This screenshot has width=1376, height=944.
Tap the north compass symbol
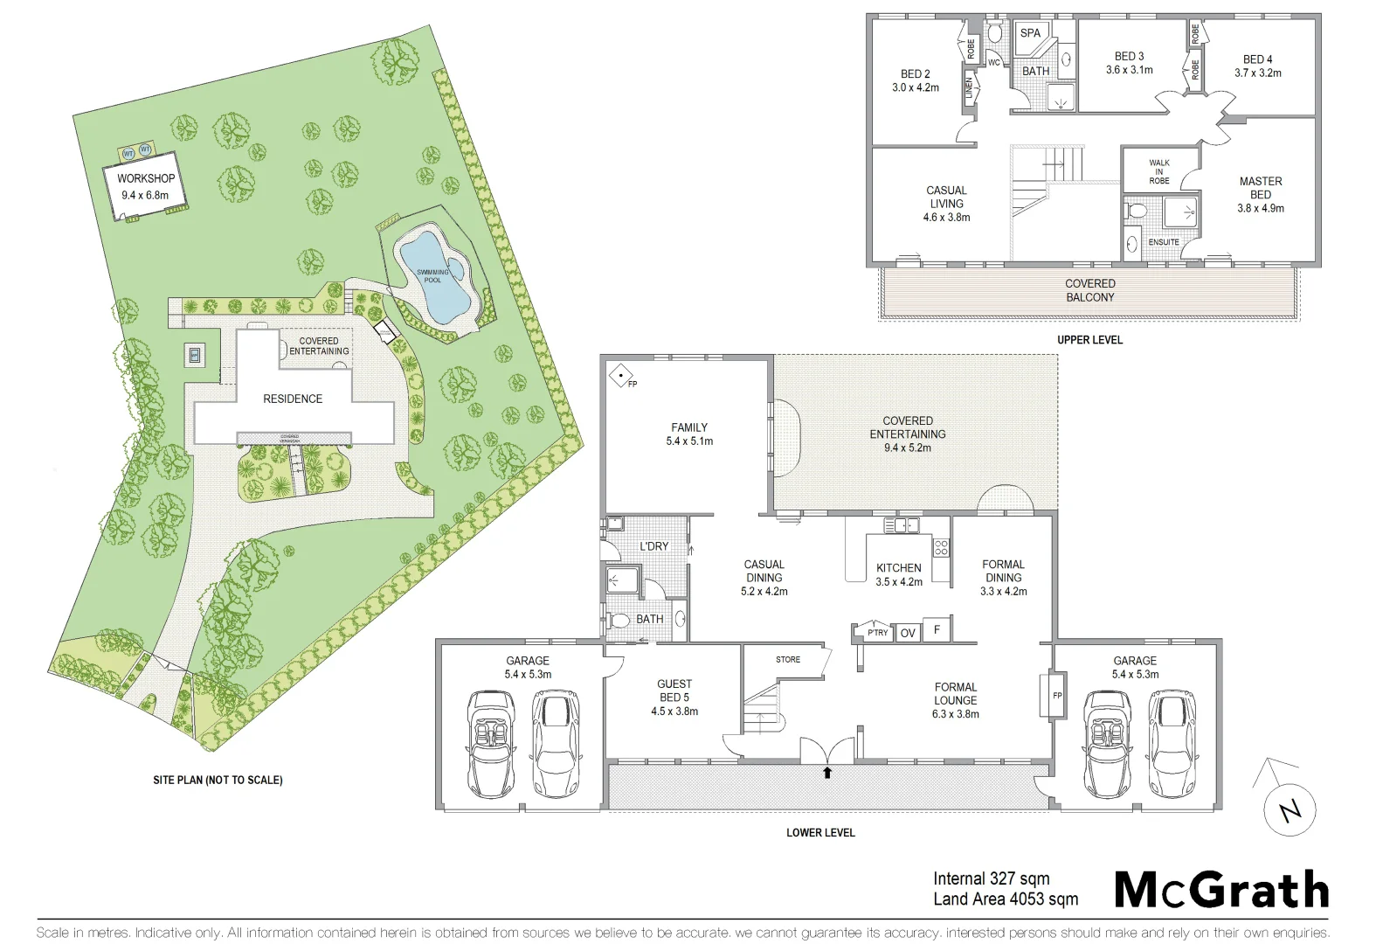point(1289,809)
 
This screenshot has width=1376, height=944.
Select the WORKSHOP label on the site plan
point(146,178)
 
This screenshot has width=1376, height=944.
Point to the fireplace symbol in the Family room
point(621,376)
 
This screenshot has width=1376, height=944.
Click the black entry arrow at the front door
point(826,772)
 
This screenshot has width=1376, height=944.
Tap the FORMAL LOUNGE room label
point(955,694)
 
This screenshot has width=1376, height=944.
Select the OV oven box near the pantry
point(908,633)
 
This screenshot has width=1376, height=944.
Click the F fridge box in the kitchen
point(937,629)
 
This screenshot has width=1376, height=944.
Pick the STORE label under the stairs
point(787,660)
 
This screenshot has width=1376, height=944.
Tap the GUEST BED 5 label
point(674,691)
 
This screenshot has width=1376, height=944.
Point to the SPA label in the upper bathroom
point(1030,33)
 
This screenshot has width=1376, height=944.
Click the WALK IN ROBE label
point(1158,171)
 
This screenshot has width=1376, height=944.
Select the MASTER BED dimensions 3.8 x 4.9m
point(1260,209)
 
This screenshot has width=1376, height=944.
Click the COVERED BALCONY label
point(1089,290)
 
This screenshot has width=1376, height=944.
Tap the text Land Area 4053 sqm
point(1005,899)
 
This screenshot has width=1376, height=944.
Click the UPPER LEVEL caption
point(1089,340)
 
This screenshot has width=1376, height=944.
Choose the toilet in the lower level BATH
point(619,621)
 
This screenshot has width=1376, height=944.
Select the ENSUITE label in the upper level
point(1163,242)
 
